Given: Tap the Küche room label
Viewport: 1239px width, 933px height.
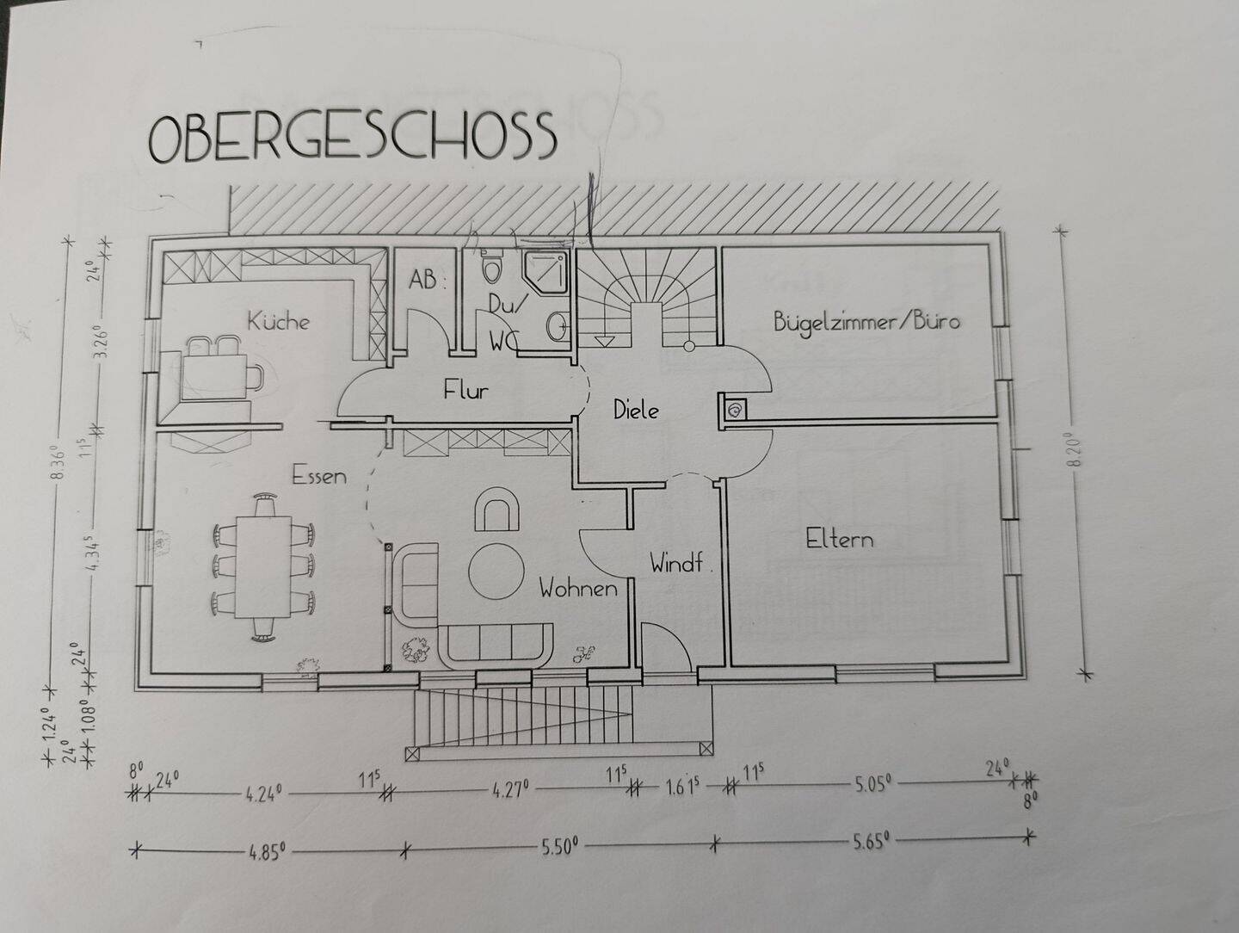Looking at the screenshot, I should tap(278, 322).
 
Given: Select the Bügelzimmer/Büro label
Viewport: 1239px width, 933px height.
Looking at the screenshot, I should tap(866, 323).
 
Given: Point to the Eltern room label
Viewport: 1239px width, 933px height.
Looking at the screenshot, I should tap(839, 540).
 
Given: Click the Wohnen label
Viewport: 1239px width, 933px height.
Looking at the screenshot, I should tap(578, 590).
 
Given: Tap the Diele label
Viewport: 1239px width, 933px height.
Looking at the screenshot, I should tap(636, 411).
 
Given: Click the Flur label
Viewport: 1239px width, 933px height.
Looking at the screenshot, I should tap(465, 391).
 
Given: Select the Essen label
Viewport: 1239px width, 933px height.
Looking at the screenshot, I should tap(319, 475).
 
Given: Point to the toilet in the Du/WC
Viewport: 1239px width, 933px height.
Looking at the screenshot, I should tap(492, 267).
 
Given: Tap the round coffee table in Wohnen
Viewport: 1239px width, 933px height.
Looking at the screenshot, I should tap(496, 570).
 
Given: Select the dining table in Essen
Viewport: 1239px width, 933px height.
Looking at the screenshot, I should tap(262, 566).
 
